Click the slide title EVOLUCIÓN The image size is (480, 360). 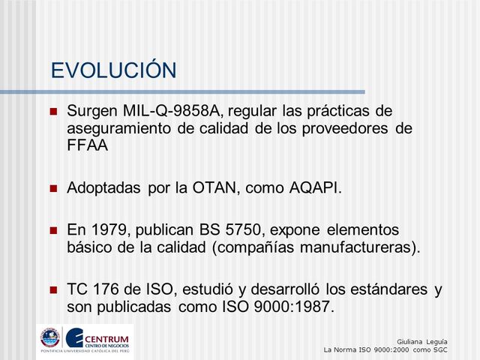(x=113, y=70)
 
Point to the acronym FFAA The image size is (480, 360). (x=87, y=145)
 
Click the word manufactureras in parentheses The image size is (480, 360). (x=357, y=247)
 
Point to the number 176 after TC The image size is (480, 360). (x=107, y=289)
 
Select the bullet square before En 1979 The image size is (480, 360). (x=53, y=230)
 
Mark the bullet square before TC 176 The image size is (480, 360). (x=53, y=290)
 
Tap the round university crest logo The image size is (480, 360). (x=49, y=337)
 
